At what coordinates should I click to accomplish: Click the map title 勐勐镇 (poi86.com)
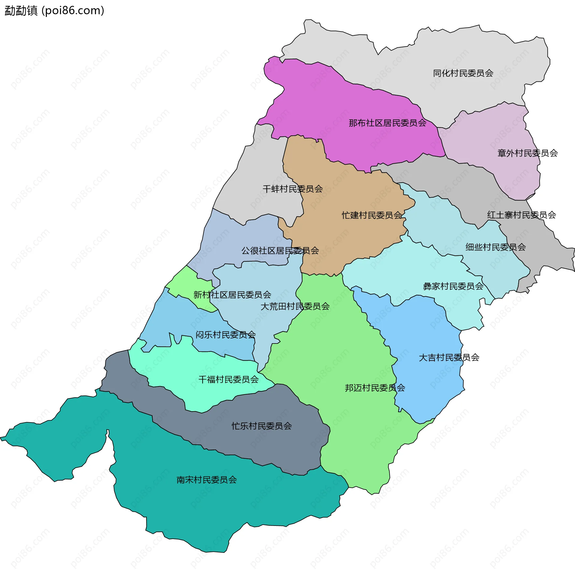[x=54, y=11]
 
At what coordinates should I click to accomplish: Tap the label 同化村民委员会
[x=463, y=73]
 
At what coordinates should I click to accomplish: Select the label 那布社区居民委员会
[x=388, y=123]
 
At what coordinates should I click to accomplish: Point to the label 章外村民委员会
[x=527, y=153]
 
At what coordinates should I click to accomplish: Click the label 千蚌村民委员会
[x=293, y=189]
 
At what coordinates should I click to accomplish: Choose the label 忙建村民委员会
[x=372, y=215]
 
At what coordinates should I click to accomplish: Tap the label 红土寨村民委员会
[x=521, y=215]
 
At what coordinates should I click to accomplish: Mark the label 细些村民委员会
[x=495, y=247]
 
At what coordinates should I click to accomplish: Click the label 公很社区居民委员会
[x=280, y=251]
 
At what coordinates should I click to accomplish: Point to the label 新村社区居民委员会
[x=232, y=295]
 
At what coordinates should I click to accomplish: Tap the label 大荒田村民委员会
[x=295, y=306]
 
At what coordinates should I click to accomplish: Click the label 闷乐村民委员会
[x=226, y=335]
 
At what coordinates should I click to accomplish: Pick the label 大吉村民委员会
[x=449, y=358]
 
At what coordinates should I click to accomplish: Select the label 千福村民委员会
[x=229, y=380]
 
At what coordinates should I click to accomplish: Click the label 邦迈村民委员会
[x=375, y=388]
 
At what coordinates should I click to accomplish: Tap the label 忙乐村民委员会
[x=261, y=426]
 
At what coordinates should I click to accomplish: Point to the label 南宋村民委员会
[x=207, y=480]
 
